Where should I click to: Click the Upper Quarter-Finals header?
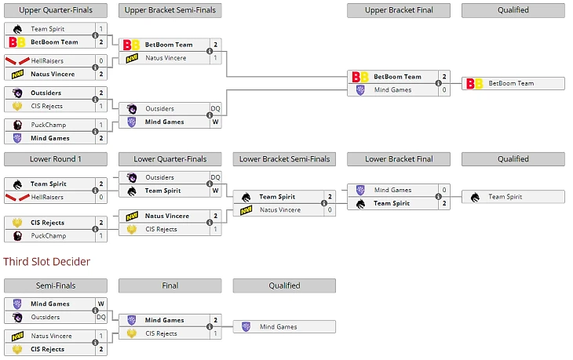(55, 10)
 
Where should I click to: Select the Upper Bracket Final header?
(399, 10)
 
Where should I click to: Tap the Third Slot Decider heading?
(46, 261)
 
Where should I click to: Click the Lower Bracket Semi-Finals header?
(284, 159)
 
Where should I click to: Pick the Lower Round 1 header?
(55, 159)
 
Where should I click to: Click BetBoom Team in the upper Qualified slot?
(511, 83)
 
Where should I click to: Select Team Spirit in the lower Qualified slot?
(506, 197)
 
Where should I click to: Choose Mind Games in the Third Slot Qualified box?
(279, 326)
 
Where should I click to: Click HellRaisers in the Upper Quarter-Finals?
(47, 60)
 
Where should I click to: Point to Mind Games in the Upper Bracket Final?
(392, 90)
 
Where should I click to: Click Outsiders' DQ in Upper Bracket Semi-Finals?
(215, 109)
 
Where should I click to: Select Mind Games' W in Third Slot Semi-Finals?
(100, 304)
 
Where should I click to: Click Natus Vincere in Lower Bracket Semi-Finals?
(279, 210)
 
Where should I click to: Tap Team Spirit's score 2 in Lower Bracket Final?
(444, 203)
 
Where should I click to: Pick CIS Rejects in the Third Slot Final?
(161, 333)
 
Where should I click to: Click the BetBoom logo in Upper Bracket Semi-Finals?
(131, 45)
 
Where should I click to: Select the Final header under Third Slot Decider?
(170, 285)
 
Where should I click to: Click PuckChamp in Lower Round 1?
(49, 235)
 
